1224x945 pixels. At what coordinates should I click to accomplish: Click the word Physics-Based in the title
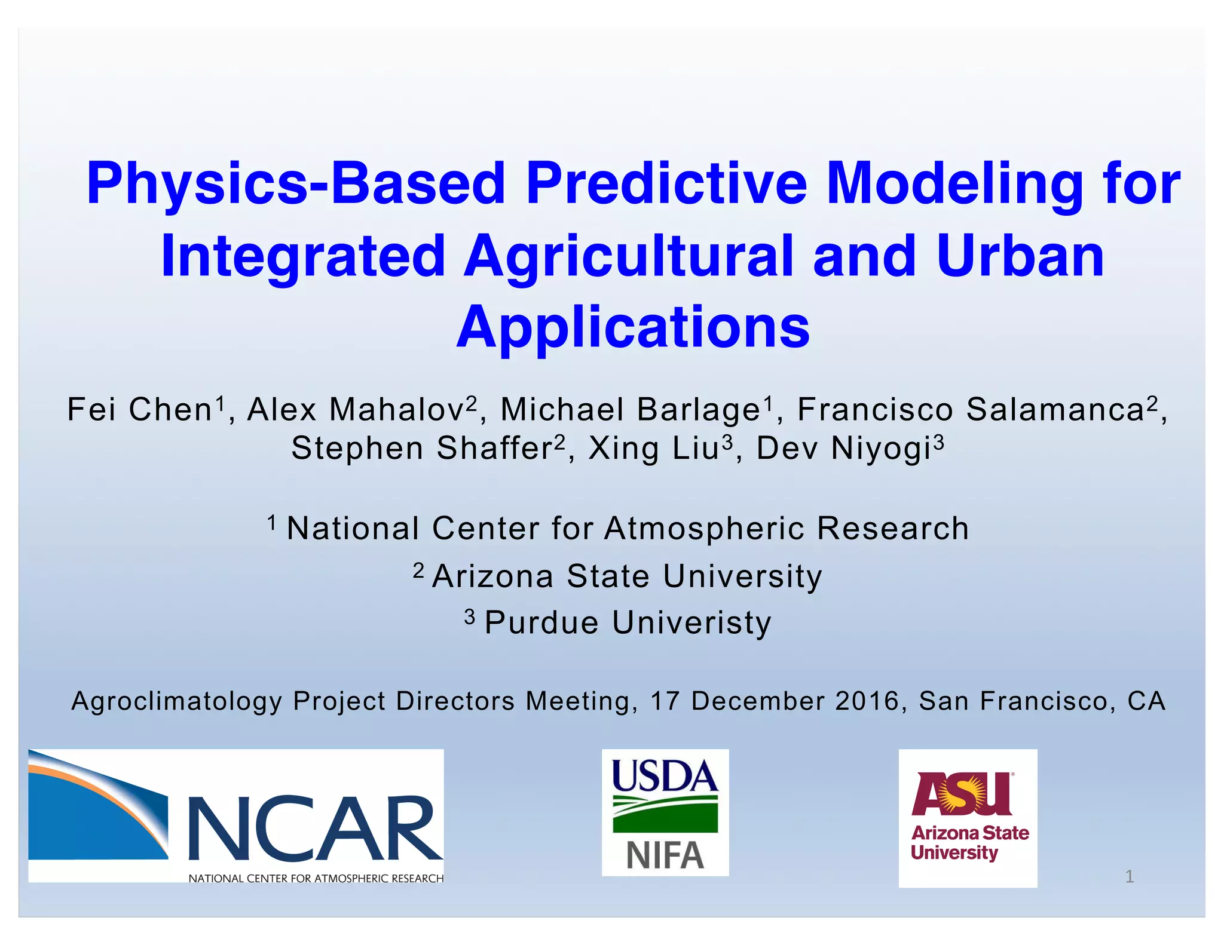[x=296, y=183]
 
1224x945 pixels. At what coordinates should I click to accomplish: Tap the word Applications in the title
[x=633, y=327]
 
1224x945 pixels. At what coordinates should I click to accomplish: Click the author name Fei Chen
[x=140, y=410]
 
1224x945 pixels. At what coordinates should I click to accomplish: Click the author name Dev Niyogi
[x=843, y=449]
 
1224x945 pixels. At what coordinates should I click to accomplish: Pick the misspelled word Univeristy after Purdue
[x=691, y=623]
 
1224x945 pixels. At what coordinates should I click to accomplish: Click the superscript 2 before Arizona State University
[x=418, y=570]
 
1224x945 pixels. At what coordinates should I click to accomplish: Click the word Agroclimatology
[x=176, y=701]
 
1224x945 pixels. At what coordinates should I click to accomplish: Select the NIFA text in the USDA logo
[x=665, y=855]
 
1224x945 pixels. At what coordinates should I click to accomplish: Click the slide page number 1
[x=1129, y=876]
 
